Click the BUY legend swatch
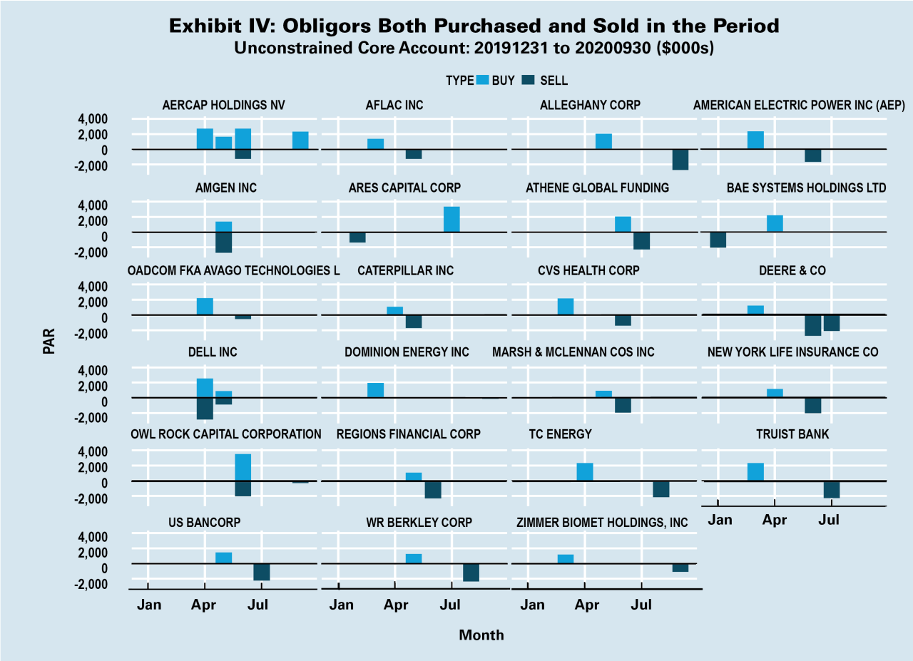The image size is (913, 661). [x=482, y=80]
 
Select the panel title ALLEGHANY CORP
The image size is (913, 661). [x=590, y=105]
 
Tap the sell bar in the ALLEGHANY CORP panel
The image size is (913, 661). [x=680, y=159]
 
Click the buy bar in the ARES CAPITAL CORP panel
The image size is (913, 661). [x=452, y=219]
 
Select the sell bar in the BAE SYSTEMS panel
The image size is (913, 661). [x=718, y=240]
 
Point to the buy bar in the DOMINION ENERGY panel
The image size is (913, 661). [x=375, y=390]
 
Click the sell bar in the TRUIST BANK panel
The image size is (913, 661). [x=831, y=489]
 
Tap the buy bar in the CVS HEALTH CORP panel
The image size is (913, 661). [x=566, y=307]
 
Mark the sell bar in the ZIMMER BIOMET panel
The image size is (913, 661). [x=680, y=568]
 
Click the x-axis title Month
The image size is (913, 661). [x=481, y=635]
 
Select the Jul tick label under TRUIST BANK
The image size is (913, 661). [x=829, y=520]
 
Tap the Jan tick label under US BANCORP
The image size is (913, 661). [x=149, y=605]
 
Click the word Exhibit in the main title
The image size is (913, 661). [x=203, y=27]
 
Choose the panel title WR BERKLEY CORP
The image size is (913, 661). [x=419, y=523]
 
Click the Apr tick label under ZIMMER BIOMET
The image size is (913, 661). [x=587, y=605]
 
